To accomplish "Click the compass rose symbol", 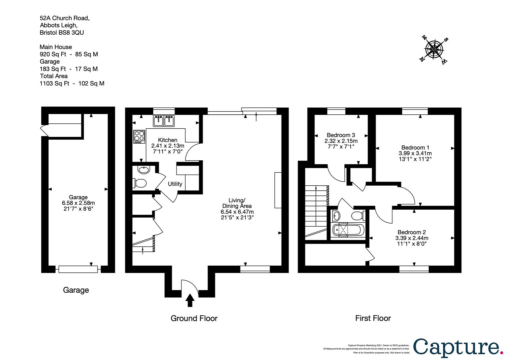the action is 434,50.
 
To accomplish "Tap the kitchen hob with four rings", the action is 139,137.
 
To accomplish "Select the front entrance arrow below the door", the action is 190,300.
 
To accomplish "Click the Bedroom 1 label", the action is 415,148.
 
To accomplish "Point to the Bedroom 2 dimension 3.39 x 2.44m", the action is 412,238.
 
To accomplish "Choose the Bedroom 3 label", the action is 341,135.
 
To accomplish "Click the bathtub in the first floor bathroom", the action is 348,230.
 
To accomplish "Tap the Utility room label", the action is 175,184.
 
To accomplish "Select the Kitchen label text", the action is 168,140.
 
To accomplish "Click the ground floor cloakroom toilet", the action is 140,183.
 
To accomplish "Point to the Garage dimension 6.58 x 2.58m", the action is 78,203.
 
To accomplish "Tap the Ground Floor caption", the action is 194,318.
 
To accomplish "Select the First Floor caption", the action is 373,318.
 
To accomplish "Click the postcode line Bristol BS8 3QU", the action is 62,33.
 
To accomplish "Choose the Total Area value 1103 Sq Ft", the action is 54,83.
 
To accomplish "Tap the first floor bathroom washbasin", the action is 336,216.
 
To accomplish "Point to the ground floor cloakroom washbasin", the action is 144,170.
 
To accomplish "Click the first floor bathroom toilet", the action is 358,215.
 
